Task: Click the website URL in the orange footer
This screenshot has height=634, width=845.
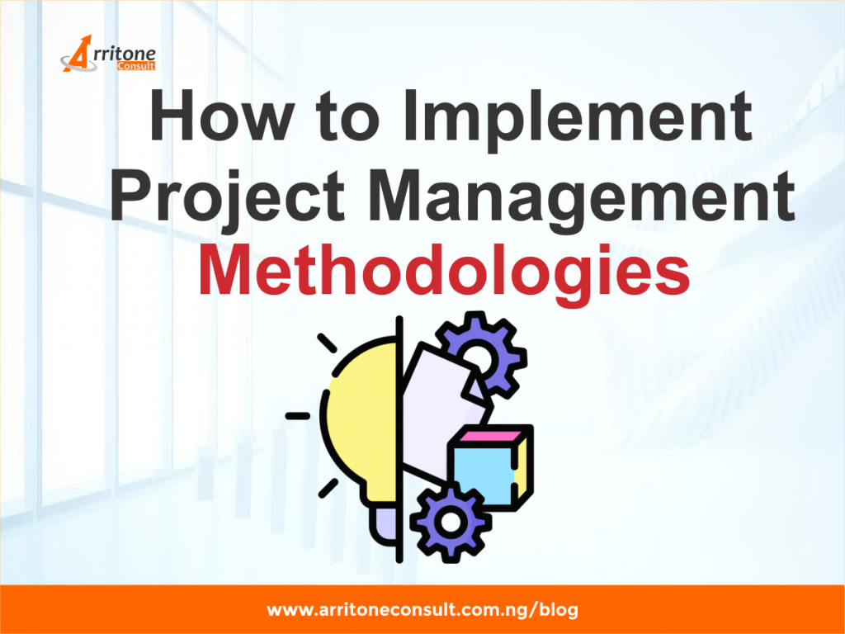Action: point(422,611)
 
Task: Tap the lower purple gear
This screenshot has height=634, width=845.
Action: point(450,520)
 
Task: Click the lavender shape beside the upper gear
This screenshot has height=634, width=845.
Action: point(437,388)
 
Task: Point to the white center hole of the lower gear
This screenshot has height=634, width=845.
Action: point(450,521)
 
